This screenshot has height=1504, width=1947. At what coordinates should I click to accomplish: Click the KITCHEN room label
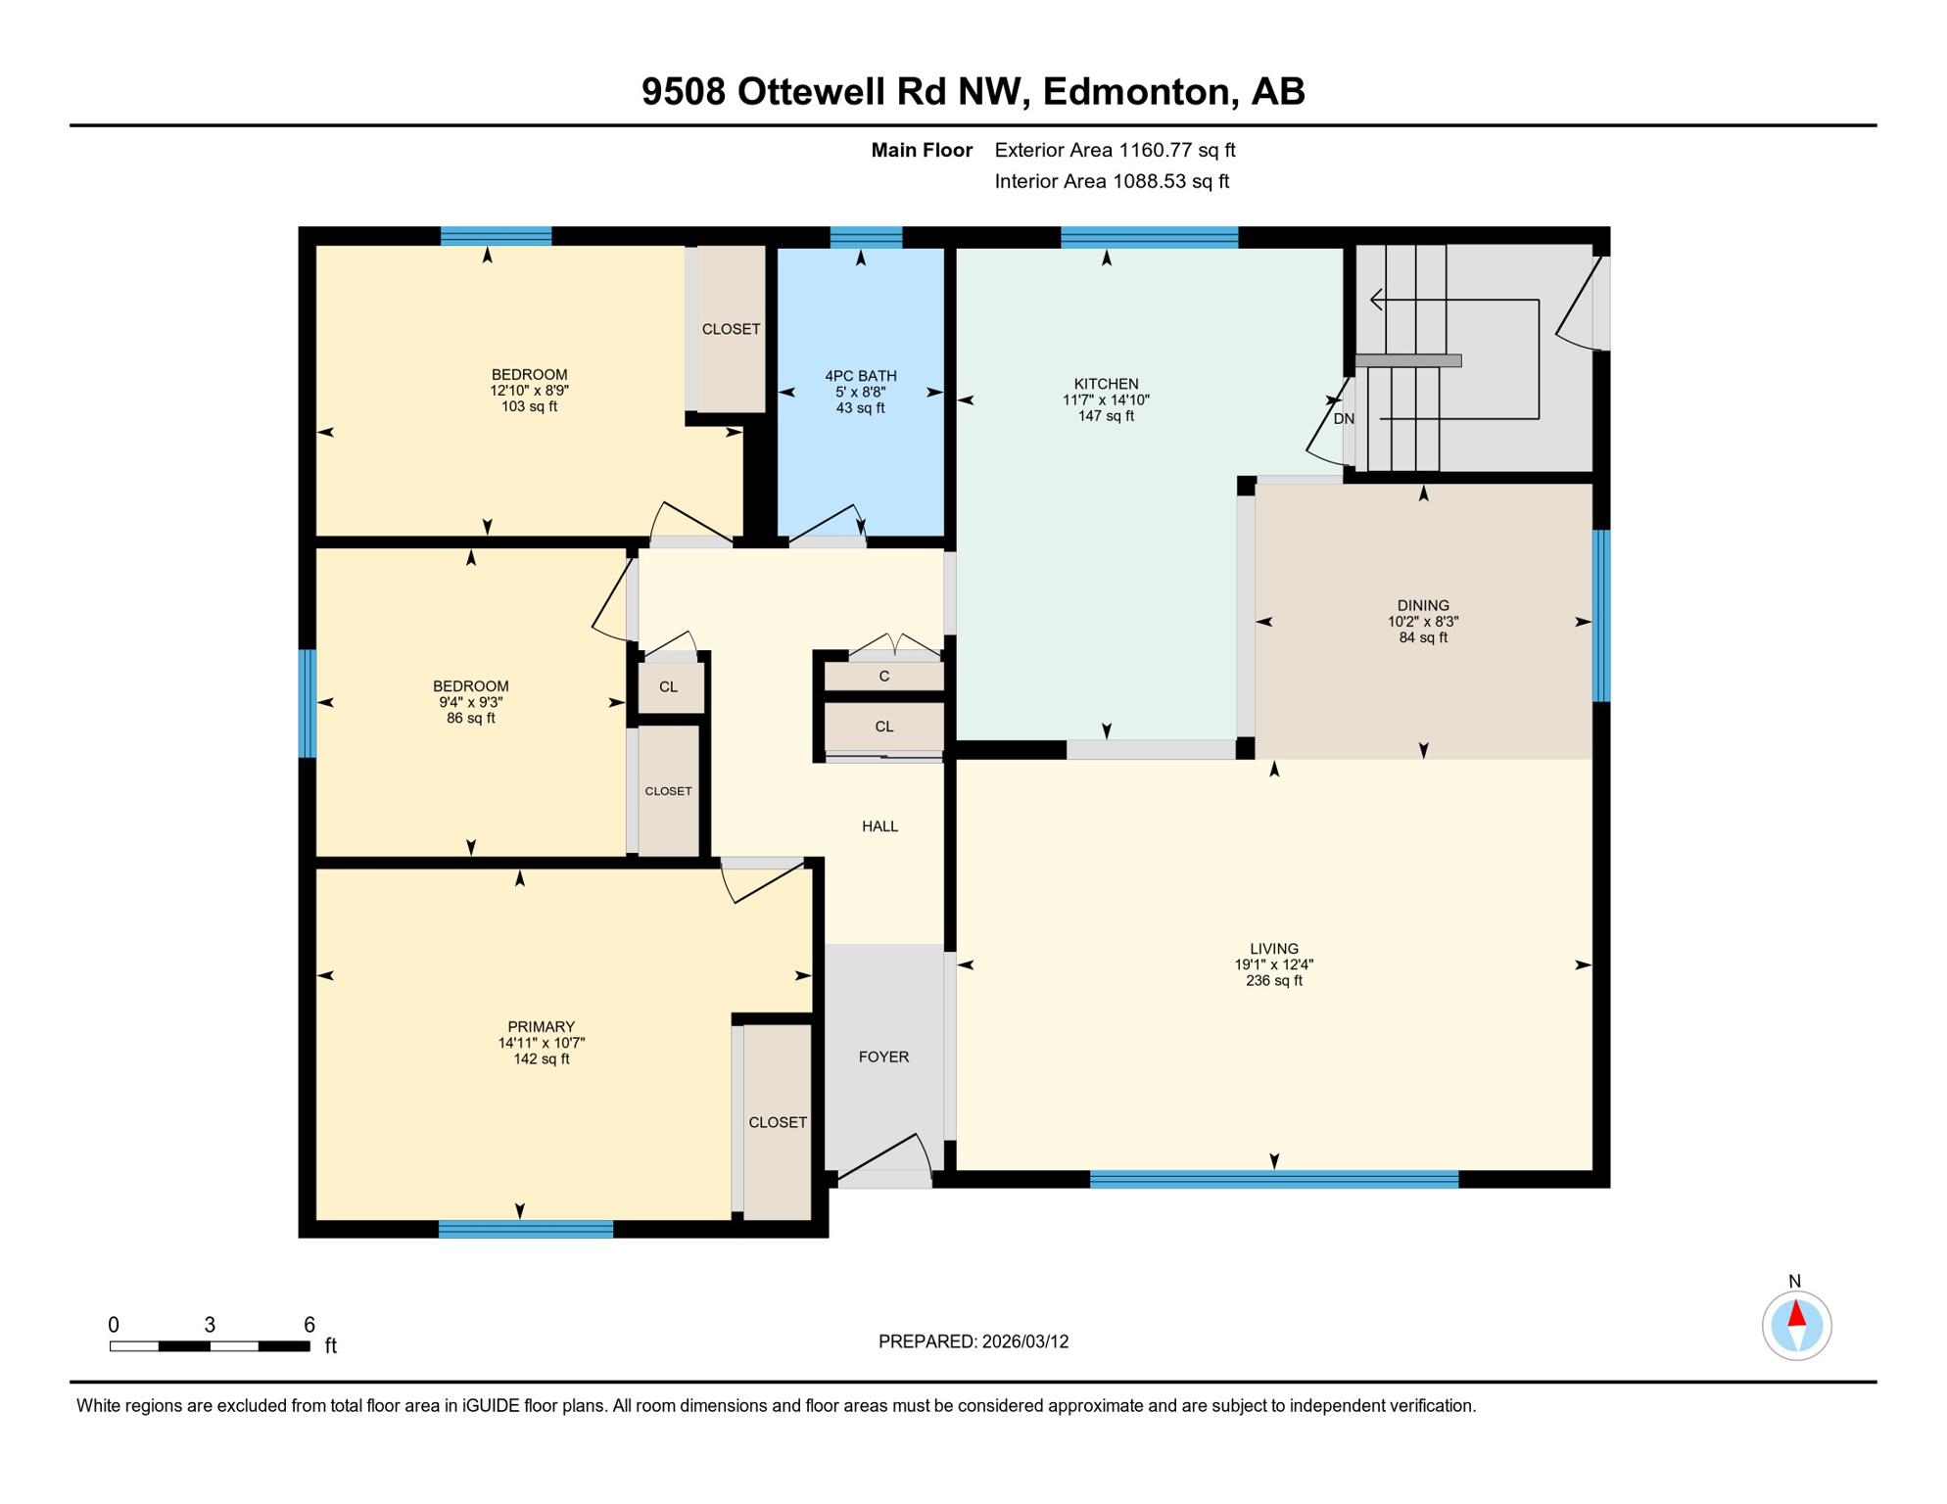click(x=1106, y=384)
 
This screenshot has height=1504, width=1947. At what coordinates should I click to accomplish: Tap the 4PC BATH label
click(x=860, y=376)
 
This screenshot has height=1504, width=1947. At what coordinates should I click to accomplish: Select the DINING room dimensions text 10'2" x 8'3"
click(x=1422, y=622)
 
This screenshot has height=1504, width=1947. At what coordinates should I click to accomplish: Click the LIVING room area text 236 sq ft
click(x=1273, y=981)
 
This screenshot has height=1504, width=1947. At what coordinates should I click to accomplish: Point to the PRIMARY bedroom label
click(x=541, y=1027)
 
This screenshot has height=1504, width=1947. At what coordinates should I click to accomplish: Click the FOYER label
click(x=883, y=1057)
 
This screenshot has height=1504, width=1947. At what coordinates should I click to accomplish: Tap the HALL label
click(x=879, y=826)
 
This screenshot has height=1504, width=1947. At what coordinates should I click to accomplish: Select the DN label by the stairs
click(x=1344, y=419)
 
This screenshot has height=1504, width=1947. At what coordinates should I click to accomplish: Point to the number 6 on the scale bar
click(x=309, y=1325)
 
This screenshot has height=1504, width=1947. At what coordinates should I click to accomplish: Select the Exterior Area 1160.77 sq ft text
click(x=1115, y=150)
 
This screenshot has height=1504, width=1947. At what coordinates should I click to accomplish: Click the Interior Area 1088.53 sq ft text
click(x=1112, y=181)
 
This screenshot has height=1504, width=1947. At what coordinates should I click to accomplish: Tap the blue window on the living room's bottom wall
click(x=1273, y=1180)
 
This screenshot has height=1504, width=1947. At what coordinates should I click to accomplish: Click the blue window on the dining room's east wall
click(x=1600, y=616)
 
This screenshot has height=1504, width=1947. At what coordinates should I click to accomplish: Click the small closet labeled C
click(x=883, y=677)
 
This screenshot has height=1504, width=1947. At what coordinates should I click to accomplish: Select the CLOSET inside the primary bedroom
click(x=778, y=1122)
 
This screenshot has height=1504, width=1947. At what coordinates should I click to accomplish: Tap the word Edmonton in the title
click(x=1135, y=91)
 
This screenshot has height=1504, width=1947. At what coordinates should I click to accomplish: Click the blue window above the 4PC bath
click(x=866, y=237)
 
